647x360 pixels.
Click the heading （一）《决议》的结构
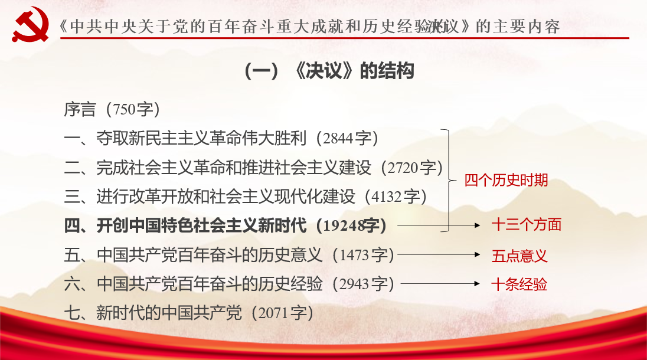329,71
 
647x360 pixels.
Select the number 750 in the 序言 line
124,110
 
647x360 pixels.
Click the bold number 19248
344,226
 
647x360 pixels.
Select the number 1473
354,256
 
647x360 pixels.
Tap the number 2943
354,284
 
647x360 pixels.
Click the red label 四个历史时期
507,181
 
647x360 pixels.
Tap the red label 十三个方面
527,225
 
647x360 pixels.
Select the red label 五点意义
519,256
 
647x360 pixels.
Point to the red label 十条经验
519,284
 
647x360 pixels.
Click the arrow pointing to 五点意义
439,255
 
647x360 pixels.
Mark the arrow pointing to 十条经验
440,284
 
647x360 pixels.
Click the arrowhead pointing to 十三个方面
478,225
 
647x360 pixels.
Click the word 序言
80,110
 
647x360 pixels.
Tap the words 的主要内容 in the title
518,27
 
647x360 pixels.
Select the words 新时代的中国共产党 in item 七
169,313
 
